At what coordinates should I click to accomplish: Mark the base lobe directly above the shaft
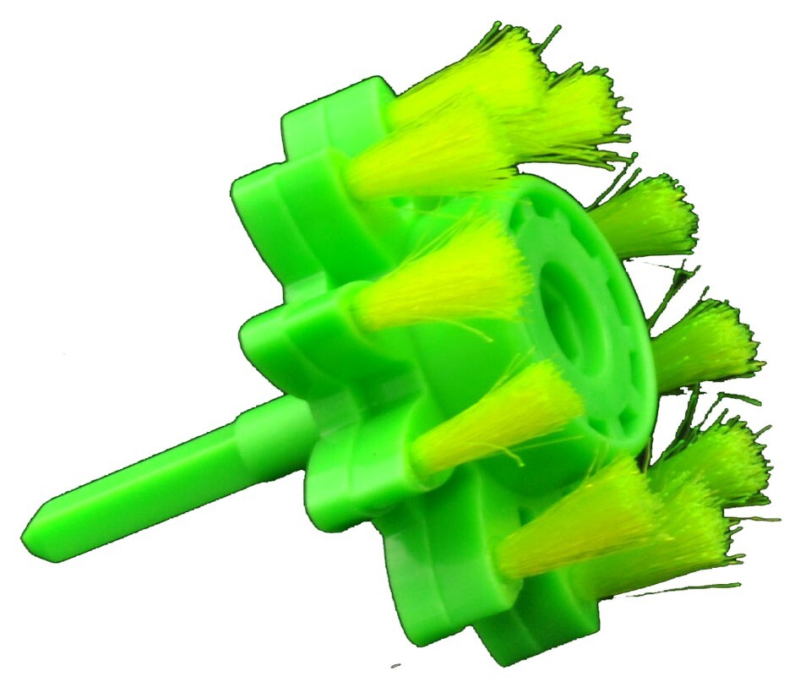[279, 338]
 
